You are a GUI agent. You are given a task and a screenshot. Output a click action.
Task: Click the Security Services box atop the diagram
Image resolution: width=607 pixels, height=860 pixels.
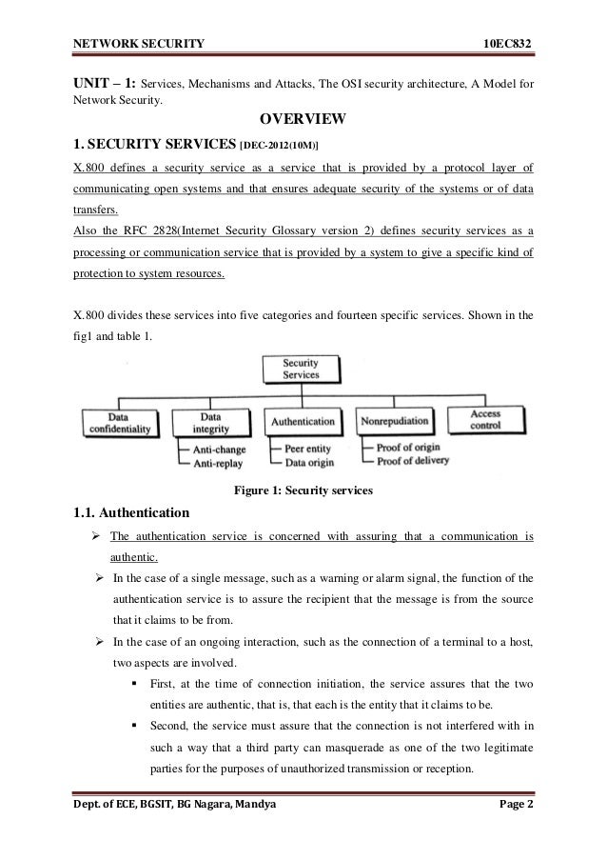(301, 370)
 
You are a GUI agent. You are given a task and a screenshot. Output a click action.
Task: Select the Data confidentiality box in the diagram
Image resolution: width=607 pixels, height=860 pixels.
(119, 423)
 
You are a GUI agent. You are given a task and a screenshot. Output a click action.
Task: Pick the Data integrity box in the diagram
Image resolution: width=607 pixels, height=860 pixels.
(211, 422)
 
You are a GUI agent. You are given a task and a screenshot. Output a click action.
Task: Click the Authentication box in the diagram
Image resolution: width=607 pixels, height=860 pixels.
(303, 420)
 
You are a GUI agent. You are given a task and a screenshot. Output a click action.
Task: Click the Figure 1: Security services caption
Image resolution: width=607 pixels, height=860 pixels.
(303, 490)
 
